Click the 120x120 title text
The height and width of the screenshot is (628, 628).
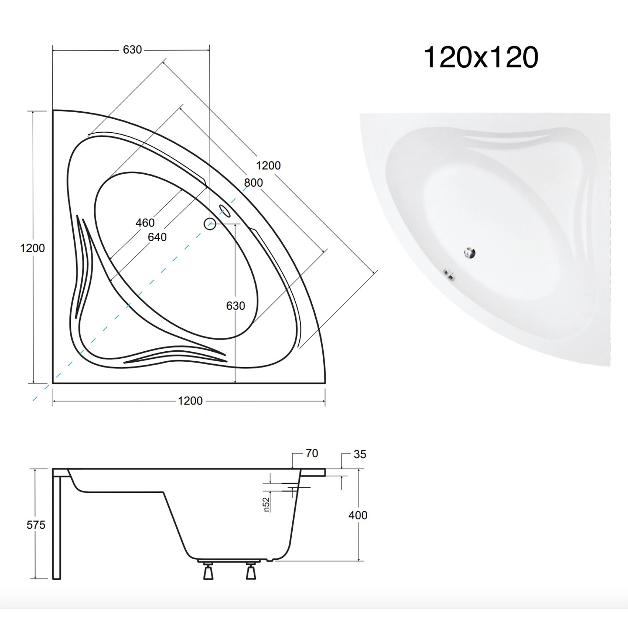(481, 57)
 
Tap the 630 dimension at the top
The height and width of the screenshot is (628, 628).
(132, 50)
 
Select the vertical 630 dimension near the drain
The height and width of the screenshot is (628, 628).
(235, 306)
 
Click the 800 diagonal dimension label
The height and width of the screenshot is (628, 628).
(253, 183)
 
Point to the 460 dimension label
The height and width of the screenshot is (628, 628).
(145, 223)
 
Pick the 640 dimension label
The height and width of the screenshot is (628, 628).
(157, 237)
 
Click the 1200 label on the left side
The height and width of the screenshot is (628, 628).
(32, 248)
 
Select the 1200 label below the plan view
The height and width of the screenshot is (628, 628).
(190, 401)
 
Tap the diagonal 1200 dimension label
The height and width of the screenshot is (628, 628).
(268, 166)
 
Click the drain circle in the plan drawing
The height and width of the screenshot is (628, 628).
(210, 224)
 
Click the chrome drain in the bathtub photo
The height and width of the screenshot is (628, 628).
(469, 253)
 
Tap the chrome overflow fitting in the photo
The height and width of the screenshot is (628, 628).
(450, 275)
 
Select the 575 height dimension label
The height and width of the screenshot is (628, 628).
(36, 525)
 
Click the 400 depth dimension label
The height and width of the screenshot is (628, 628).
(358, 515)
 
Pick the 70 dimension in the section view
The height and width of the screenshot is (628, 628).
(312, 453)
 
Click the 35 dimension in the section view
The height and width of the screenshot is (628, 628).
(360, 454)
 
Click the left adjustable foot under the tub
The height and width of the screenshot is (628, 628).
(208, 571)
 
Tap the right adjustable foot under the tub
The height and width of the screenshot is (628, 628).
(251, 571)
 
